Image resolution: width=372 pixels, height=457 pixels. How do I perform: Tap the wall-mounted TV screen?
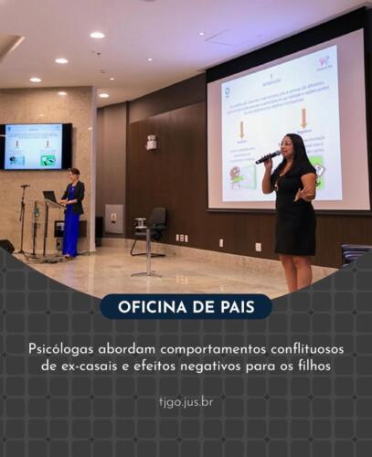point(36,146)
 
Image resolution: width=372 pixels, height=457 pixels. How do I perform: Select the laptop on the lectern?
point(49,196)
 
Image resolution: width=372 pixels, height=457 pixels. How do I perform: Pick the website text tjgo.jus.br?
point(186,400)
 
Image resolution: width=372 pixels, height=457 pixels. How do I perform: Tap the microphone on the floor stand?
point(25,187)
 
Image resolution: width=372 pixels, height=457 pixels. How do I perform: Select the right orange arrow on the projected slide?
point(303,118)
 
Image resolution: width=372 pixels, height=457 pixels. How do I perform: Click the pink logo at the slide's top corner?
point(324,62)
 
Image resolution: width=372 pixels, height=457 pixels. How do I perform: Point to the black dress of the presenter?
point(295,219)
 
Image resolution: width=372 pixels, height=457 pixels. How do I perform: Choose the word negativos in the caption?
point(216,366)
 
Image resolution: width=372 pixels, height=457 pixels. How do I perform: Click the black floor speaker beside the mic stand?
point(6,246)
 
